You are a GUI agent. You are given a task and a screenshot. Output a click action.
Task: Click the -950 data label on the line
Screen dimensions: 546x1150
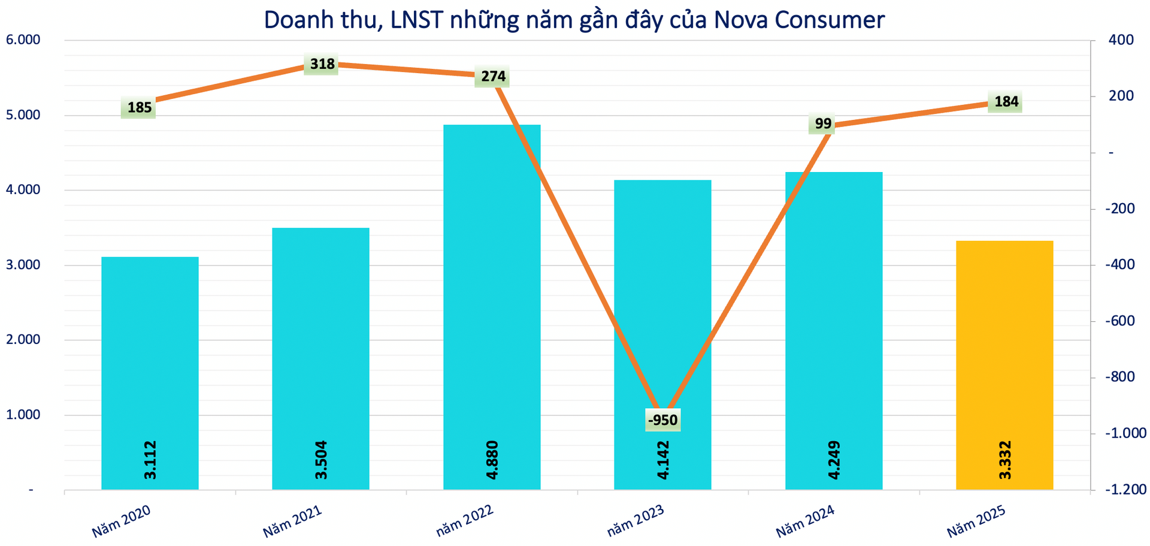pyautogui.click(x=663, y=420)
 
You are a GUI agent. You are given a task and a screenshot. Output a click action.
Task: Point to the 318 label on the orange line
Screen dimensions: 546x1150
pyautogui.click(x=322, y=64)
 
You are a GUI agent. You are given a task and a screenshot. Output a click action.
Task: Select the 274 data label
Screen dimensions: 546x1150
pyautogui.click(x=493, y=77)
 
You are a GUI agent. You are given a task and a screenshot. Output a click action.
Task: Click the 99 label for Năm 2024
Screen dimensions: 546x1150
pyautogui.click(x=823, y=124)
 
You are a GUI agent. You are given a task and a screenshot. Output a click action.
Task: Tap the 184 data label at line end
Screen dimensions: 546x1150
pyautogui.click(x=1006, y=102)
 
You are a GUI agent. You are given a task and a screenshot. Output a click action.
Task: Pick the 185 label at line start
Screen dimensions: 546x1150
pyautogui.click(x=139, y=108)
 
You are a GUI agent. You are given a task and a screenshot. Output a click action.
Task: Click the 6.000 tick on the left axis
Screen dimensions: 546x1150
pyautogui.click(x=22, y=40)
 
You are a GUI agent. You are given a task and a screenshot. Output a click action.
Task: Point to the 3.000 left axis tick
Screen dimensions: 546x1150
pyautogui.click(x=22, y=265)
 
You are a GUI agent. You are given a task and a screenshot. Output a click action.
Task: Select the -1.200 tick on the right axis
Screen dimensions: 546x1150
pyautogui.click(x=1125, y=490)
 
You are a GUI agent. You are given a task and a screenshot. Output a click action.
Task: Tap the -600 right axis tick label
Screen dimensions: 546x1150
pyautogui.click(x=1121, y=321)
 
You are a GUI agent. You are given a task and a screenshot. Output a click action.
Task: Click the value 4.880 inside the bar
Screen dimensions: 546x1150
pyautogui.click(x=492, y=460)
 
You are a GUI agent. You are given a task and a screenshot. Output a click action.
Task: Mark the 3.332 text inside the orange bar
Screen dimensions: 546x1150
pyautogui.click(x=1005, y=460)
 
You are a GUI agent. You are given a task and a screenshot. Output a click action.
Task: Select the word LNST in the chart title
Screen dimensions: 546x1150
pyautogui.click(x=413, y=20)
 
